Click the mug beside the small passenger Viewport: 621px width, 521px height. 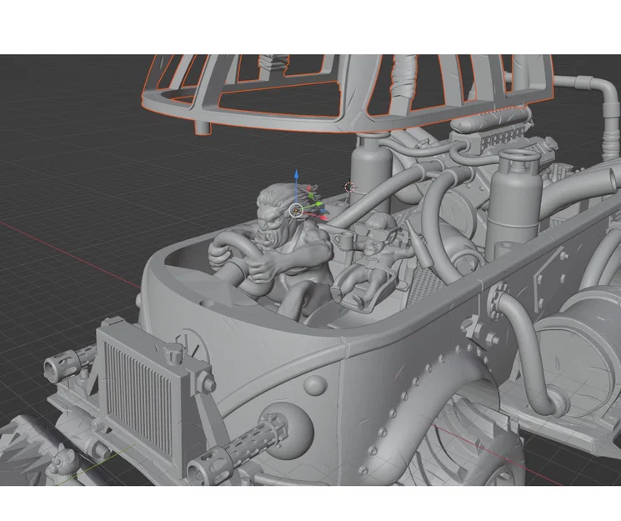point(340,240)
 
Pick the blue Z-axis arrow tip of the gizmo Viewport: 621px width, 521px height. point(296,177)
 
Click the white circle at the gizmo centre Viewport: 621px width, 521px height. point(296,210)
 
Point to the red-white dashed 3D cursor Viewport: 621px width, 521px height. point(350,188)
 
